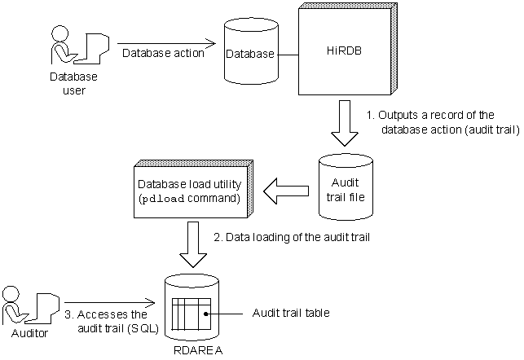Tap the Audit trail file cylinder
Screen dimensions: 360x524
click(345, 186)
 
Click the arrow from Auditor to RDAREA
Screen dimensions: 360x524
click(111, 302)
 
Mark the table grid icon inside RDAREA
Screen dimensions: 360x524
click(192, 314)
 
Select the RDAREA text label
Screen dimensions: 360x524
click(193, 350)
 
